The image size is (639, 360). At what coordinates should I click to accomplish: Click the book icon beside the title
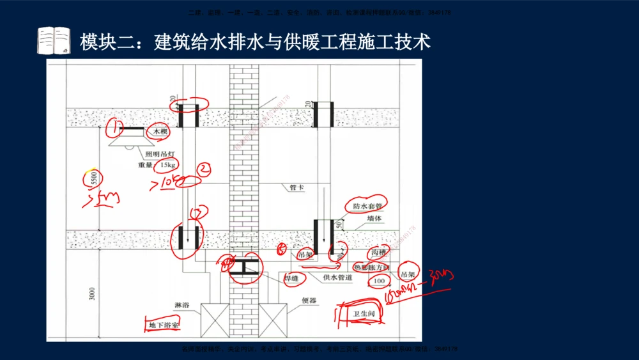click(54, 41)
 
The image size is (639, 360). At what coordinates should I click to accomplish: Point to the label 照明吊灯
click(160, 154)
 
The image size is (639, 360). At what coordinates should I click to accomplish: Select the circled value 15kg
click(168, 165)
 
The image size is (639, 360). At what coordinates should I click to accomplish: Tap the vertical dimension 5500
click(93, 178)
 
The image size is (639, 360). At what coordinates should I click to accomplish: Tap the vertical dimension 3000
click(92, 294)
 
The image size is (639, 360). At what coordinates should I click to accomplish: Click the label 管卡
click(296, 188)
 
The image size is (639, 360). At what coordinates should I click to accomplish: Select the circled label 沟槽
click(378, 254)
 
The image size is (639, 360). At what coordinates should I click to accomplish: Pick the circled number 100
click(379, 281)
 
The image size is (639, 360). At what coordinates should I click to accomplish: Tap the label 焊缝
click(292, 278)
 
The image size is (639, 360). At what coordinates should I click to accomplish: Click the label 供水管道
click(337, 278)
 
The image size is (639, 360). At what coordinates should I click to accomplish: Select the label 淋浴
click(182, 305)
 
